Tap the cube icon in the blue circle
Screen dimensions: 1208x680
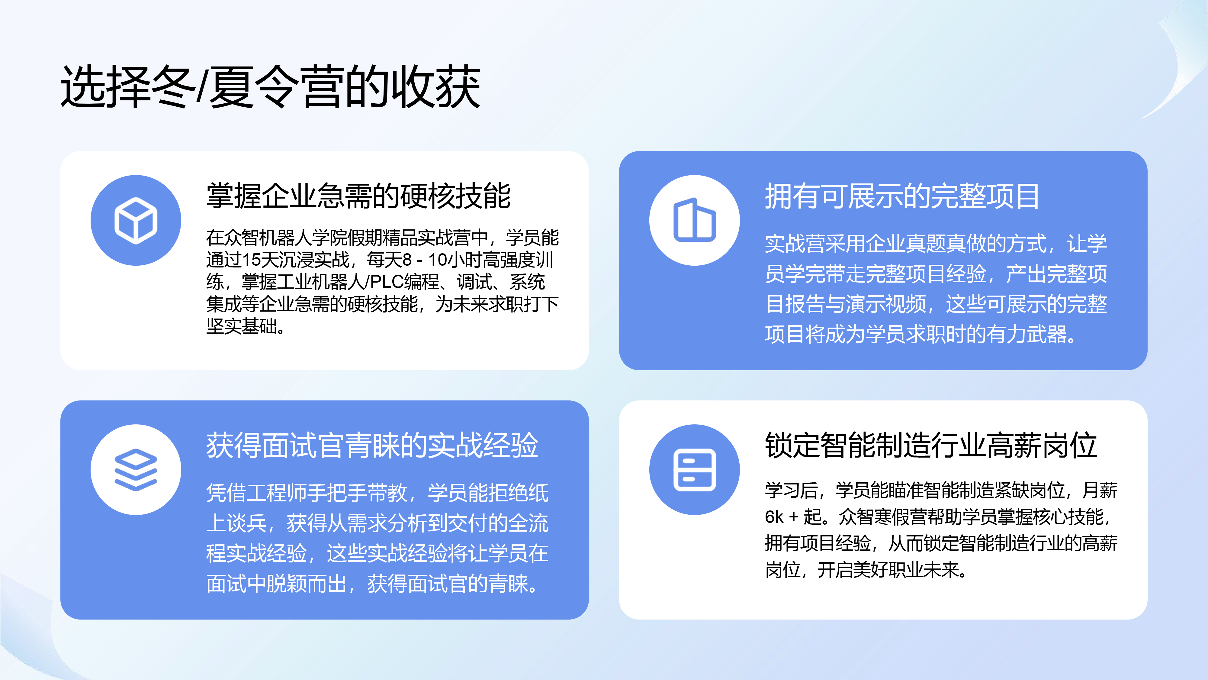[x=136, y=221]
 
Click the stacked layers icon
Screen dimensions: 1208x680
[x=136, y=470]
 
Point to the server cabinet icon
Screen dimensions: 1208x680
[x=695, y=470]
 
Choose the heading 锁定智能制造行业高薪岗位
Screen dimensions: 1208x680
[x=931, y=445]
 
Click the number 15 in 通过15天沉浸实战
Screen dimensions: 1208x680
[x=251, y=260]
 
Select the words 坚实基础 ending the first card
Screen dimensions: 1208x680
[x=242, y=326]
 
